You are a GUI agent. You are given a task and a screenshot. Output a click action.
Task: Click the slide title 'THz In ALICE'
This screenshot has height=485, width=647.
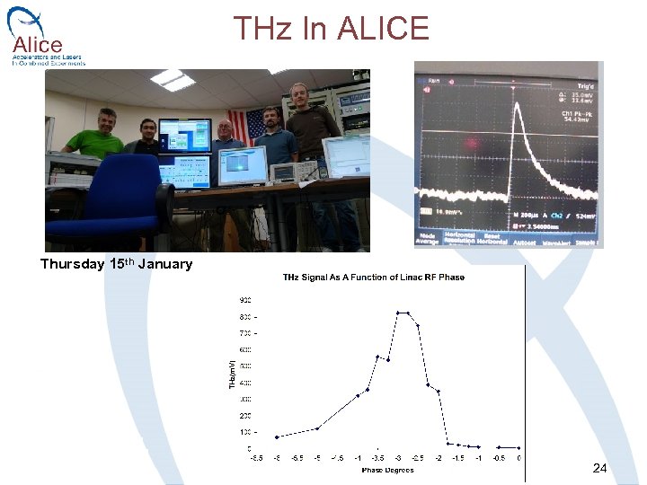pyautogui.click(x=331, y=29)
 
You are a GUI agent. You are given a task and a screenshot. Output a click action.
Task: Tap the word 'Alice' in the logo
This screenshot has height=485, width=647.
pyautogui.click(x=38, y=45)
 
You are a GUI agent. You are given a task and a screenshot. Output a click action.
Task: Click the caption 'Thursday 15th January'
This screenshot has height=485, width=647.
pyautogui.click(x=116, y=264)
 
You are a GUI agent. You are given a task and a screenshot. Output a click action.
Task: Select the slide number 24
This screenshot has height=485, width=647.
pyautogui.click(x=600, y=468)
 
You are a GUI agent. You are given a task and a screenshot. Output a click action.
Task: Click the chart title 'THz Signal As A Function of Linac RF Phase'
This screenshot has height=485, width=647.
pyautogui.click(x=374, y=277)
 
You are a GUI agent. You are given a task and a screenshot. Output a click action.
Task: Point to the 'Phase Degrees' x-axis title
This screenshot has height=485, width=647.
pyautogui.click(x=387, y=470)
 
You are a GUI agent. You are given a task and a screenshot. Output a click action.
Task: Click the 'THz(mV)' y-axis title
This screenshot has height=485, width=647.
pyautogui.click(x=231, y=373)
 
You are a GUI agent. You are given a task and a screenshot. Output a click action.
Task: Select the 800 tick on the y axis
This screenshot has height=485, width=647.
pyautogui.click(x=244, y=316)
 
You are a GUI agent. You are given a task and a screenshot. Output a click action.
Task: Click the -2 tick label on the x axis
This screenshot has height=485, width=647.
pyautogui.click(x=439, y=458)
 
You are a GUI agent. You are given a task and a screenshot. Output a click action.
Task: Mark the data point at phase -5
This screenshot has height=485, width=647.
pyautogui.click(x=317, y=428)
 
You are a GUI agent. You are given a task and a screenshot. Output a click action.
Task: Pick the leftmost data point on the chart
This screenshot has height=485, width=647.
pyautogui.click(x=277, y=436)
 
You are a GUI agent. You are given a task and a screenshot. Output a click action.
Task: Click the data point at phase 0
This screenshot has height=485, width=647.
pyautogui.click(x=519, y=446)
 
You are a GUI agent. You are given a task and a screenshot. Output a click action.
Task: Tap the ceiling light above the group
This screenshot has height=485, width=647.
pyautogui.click(x=173, y=81)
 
